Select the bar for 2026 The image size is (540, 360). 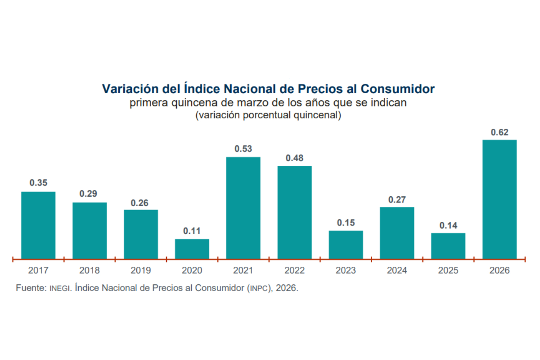click(499, 199)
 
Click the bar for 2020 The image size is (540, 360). click(192, 249)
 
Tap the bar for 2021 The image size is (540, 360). click(243, 208)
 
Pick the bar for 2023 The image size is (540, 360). click(346, 245)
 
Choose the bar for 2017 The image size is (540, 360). click(38, 225)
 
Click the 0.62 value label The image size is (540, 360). click(499, 132)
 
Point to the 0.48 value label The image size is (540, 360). click(294, 158)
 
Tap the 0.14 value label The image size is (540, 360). click(448, 225)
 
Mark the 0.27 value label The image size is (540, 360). click(397, 199)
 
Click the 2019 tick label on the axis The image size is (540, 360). click(141, 270)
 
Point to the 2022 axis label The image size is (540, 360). click(294, 270)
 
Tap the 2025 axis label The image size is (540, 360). click(448, 270)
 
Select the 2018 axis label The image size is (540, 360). click(89, 270)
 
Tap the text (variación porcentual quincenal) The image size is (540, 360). click(268, 115)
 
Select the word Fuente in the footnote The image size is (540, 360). click(30, 288)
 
